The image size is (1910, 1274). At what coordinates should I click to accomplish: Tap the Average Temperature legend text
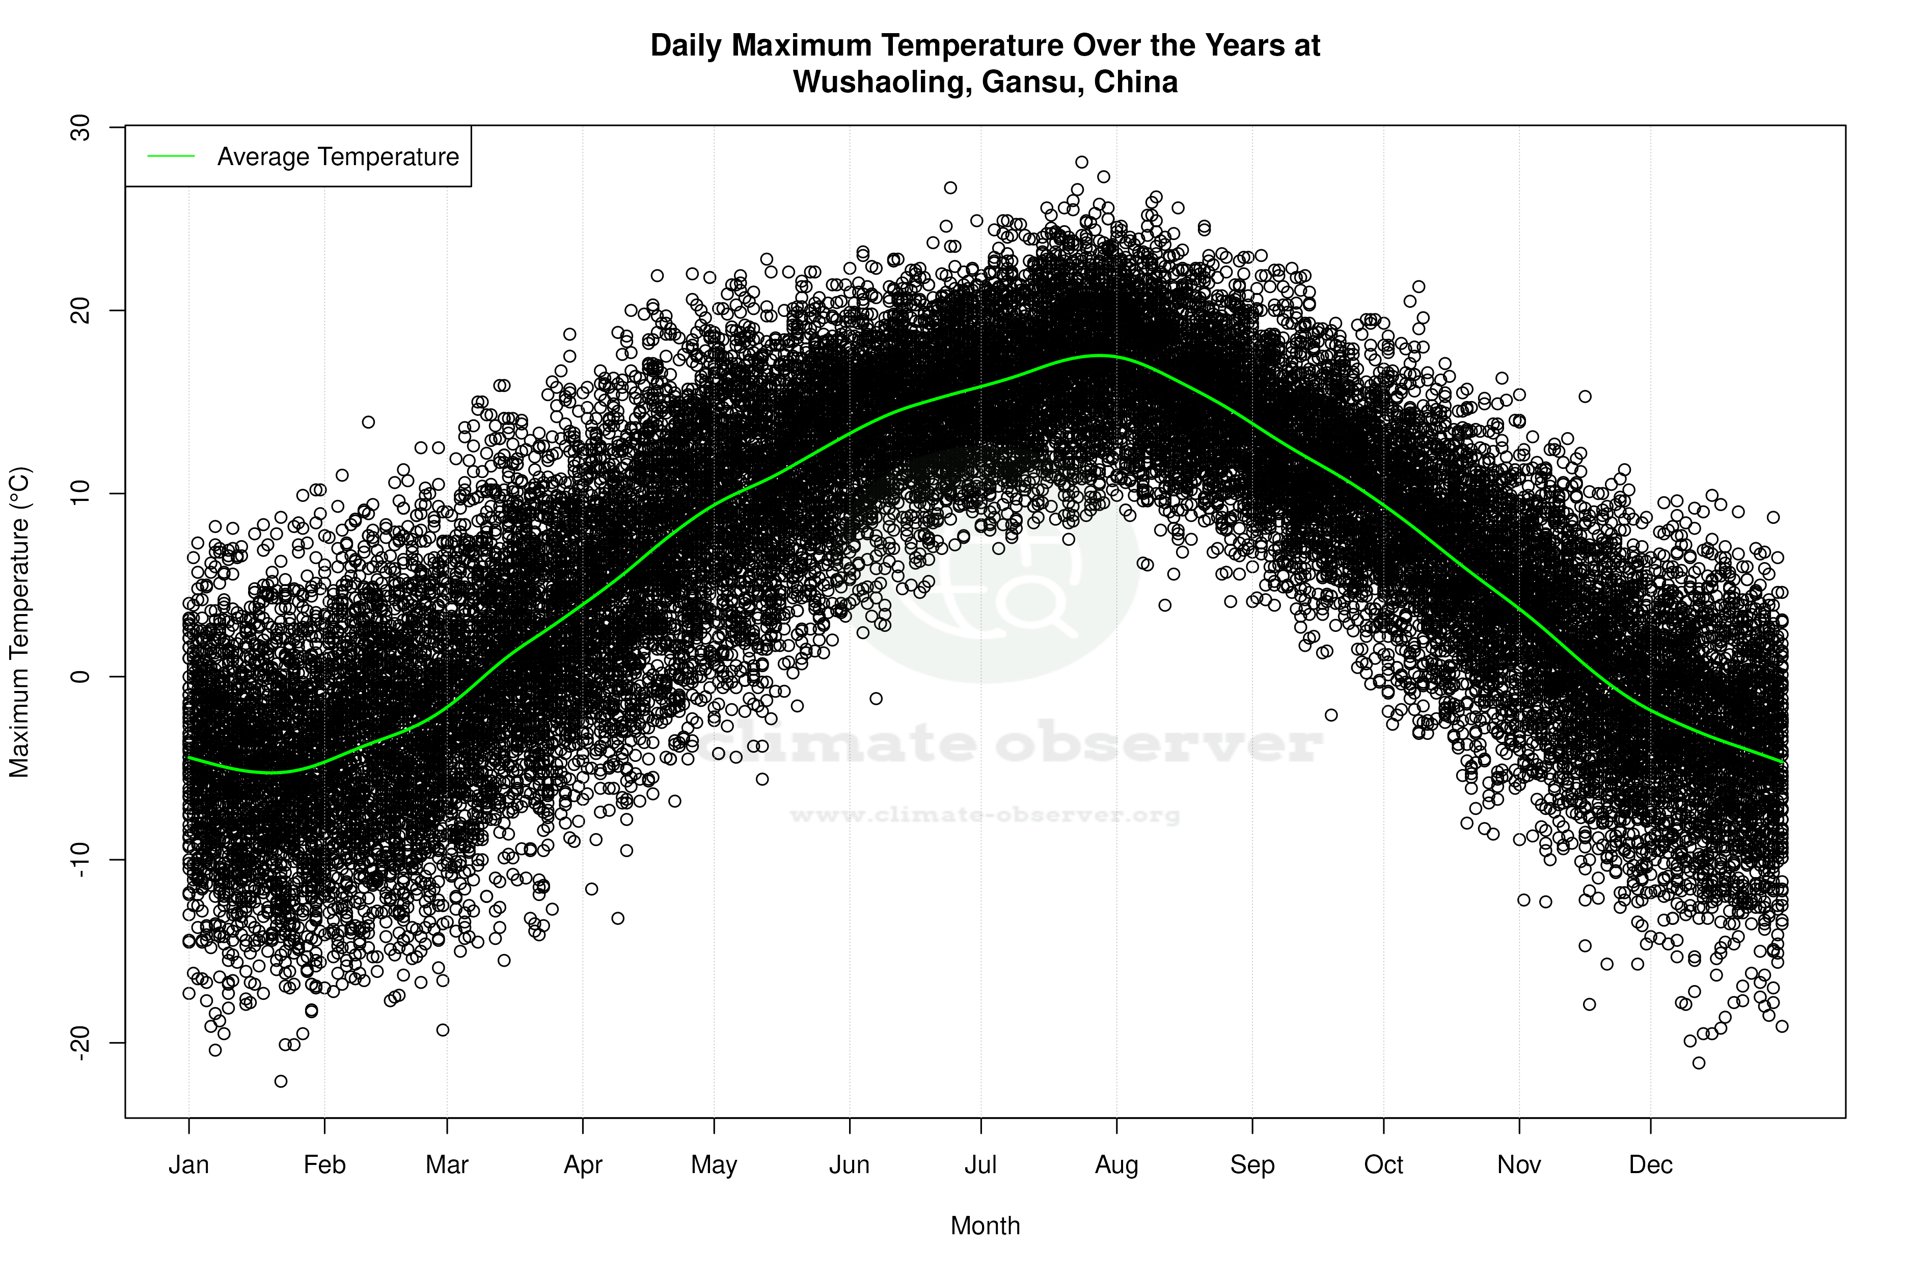pos(338,157)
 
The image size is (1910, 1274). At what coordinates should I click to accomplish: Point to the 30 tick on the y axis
pos(81,127)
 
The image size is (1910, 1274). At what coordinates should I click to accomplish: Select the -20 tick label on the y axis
pos(81,1043)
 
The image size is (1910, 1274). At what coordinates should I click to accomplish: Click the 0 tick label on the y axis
pos(81,676)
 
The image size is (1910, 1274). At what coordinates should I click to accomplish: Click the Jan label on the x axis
pos(188,1165)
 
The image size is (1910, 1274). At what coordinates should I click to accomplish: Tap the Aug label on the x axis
pos(1116,1165)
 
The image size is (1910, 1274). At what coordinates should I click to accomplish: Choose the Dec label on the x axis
pos(1650,1165)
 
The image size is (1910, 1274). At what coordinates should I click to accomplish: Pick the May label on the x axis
pos(714,1165)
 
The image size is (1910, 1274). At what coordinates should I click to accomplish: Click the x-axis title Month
pos(985,1226)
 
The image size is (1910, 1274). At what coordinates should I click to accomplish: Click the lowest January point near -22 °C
pos(281,1081)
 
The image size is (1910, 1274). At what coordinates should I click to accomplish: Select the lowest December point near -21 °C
pos(1699,1063)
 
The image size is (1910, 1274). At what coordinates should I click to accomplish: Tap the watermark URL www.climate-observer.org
pos(985,815)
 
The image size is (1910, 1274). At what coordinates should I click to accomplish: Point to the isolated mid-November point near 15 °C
pos(1585,396)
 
